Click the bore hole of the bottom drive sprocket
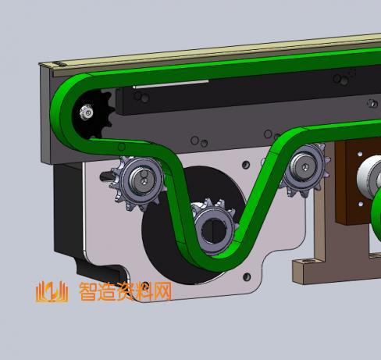[212, 230]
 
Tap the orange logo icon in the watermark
[52, 292]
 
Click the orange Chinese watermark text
[125, 292]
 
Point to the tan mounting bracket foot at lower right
[309, 269]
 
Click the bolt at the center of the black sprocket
[84, 115]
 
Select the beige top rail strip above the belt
[195, 54]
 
